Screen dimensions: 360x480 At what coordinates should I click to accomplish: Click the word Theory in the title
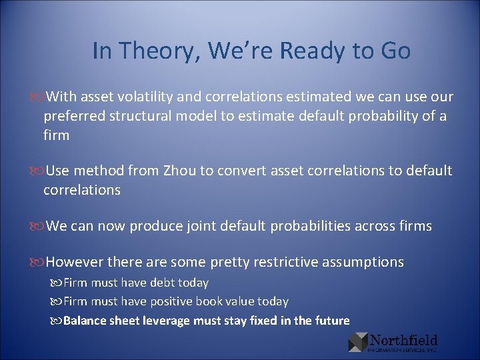click(157, 51)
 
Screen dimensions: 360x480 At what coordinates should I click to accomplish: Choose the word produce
click(155, 226)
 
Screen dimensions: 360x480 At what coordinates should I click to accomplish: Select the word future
click(331, 321)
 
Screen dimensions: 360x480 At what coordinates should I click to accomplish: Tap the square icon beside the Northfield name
click(357, 342)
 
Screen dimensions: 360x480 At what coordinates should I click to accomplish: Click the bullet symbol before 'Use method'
click(39, 171)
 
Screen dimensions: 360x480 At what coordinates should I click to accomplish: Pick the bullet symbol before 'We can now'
click(39, 226)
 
